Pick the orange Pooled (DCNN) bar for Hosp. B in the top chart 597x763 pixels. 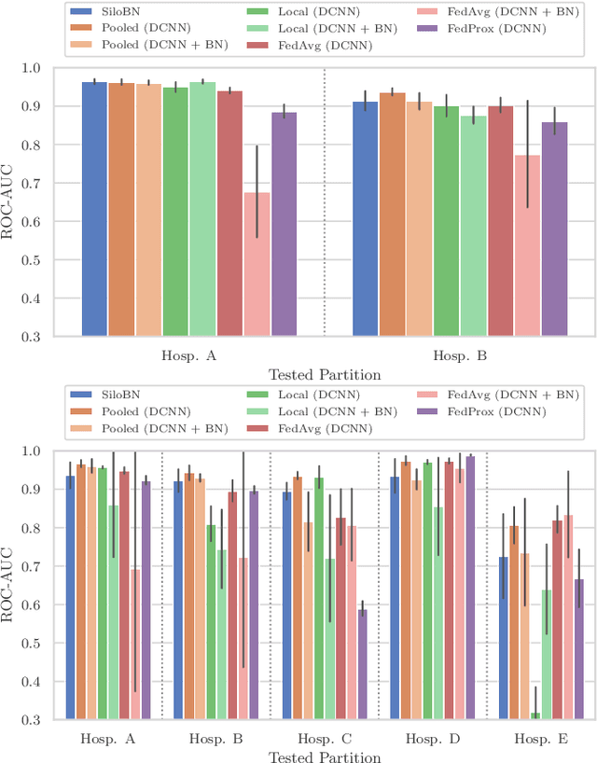(x=392, y=214)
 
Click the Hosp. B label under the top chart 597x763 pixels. (x=459, y=355)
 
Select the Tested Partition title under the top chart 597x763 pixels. (x=324, y=375)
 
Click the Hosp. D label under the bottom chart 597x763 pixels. (x=432, y=739)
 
